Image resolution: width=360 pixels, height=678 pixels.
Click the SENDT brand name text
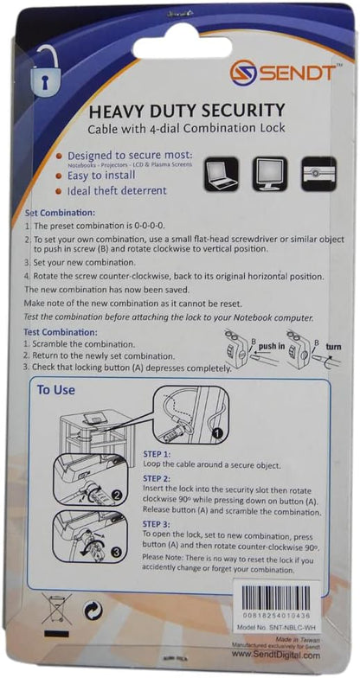(297, 73)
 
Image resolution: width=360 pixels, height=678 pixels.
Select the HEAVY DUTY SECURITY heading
(187, 110)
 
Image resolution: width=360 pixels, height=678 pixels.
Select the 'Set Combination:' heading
(61, 213)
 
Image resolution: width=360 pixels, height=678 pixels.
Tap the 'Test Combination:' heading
(62, 331)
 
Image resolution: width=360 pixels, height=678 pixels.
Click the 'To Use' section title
(55, 390)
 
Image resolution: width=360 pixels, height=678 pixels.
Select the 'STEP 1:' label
(157, 453)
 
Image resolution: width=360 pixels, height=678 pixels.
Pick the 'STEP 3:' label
(157, 523)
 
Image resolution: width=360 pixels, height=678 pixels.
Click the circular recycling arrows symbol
(93, 611)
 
